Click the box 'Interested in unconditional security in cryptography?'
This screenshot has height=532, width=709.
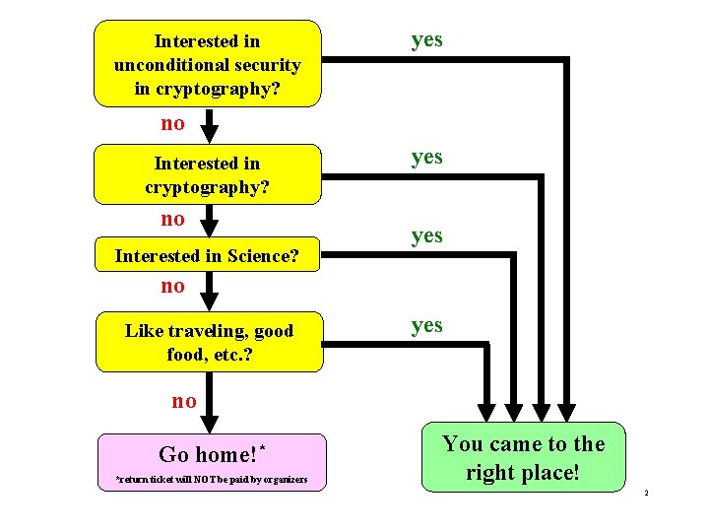click(x=208, y=63)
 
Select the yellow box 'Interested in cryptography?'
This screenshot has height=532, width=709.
click(x=208, y=173)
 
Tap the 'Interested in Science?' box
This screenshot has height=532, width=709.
click(x=208, y=256)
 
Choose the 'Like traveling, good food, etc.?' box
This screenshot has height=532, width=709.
click(x=208, y=341)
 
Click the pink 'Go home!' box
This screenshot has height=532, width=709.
click(x=212, y=462)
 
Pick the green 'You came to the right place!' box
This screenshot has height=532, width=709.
click(x=523, y=457)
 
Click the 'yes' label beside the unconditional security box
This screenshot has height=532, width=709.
click(x=426, y=39)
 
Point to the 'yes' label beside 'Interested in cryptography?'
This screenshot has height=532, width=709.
click(x=426, y=157)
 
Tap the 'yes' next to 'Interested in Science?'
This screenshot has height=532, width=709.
click(x=426, y=235)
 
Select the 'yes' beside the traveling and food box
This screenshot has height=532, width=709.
click(x=426, y=325)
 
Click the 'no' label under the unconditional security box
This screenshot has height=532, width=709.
click(x=172, y=124)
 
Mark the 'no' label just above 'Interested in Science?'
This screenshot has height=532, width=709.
click(x=172, y=218)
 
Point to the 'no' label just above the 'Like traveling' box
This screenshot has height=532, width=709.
click(x=172, y=286)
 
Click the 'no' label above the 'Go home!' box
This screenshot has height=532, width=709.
click(x=184, y=400)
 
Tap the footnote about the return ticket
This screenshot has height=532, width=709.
click(x=211, y=480)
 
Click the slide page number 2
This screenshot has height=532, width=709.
click(x=645, y=492)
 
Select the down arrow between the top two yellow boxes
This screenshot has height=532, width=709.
click(x=209, y=127)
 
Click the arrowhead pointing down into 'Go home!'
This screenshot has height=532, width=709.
click(x=209, y=423)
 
